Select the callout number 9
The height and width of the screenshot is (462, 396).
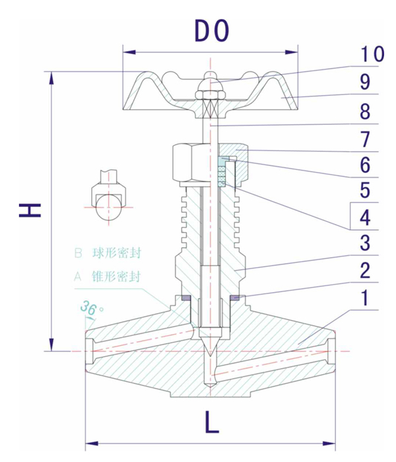[365, 83]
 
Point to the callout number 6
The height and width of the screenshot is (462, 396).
[365, 164]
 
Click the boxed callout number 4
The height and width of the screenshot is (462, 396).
[365, 215]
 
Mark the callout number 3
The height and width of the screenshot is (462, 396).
[365, 242]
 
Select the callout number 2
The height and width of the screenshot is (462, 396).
[365, 270]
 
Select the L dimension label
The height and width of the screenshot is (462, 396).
[211, 423]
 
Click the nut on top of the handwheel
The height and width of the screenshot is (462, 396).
[209, 87]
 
